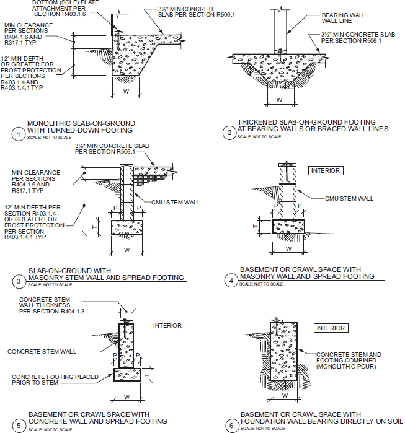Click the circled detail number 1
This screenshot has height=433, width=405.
(19, 134)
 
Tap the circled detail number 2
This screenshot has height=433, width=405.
(229, 133)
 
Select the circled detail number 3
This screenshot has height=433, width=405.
(19, 282)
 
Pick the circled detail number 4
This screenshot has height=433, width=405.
(231, 281)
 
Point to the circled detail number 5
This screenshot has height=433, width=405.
(19, 426)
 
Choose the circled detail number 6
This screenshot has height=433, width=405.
(231, 426)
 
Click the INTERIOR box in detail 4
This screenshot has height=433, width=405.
(326, 170)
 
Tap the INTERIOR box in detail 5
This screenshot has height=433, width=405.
(167, 326)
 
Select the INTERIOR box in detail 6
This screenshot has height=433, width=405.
(331, 328)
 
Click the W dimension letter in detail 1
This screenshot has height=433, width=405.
(126, 92)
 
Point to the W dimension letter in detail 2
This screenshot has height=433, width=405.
(280, 100)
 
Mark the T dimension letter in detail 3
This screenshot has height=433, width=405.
(94, 227)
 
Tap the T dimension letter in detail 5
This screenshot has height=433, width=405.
(147, 375)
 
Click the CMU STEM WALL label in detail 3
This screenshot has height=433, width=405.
(176, 203)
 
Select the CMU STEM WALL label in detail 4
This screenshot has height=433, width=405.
(349, 199)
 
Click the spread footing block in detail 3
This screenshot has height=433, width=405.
(127, 227)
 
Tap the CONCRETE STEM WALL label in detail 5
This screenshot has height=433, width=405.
(42, 351)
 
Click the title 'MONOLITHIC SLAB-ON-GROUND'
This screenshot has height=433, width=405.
(81, 123)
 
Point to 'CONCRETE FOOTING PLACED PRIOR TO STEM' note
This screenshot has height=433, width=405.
(55, 380)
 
